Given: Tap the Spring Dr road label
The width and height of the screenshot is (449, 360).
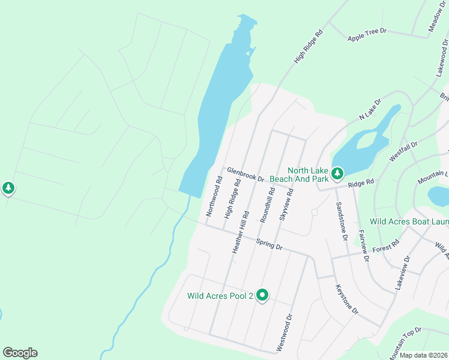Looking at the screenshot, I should [269, 245].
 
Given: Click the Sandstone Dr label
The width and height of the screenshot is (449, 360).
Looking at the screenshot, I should [342, 221].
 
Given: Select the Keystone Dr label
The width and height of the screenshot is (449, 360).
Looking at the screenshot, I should [346, 299].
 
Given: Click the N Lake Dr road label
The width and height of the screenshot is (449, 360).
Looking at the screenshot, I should [370, 109].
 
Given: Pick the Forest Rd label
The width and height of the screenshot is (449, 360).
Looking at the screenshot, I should [385, 247].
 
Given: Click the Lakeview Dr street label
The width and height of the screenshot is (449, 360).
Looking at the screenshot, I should [402, 274].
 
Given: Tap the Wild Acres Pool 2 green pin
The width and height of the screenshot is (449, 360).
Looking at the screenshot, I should [262, 295].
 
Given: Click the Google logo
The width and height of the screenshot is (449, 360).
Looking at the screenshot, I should [20, 353].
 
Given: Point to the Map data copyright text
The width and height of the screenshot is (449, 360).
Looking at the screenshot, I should [423, 355].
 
